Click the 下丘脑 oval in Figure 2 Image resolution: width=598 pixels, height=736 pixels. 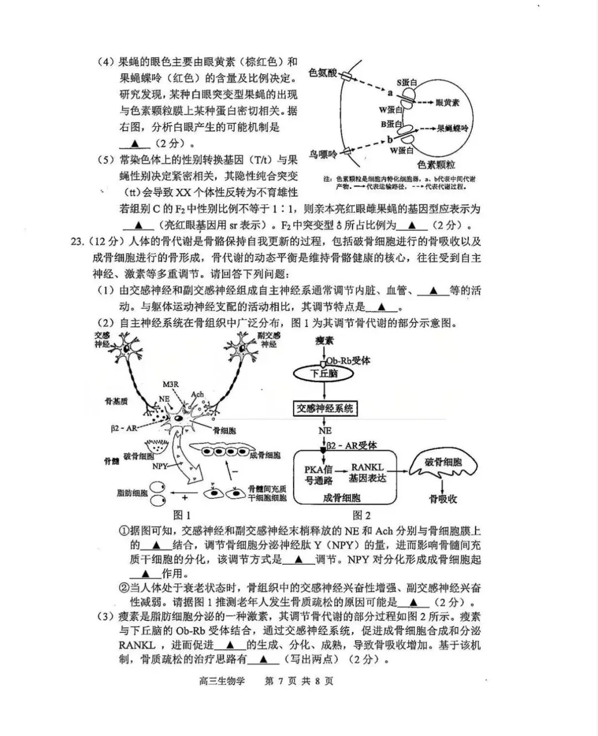tap(324, 374)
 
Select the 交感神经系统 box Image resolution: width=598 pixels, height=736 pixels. tap(324, 409)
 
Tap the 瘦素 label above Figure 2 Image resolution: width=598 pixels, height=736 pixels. tap(324, 341)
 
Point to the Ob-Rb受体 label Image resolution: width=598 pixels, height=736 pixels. tap(348, 361)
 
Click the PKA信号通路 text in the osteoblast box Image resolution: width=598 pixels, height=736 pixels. tap(318, 475)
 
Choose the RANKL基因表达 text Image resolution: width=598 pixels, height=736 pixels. tap(367, 472)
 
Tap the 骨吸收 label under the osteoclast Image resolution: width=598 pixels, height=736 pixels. tap(443, 499)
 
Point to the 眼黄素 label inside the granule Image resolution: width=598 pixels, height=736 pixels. tap(447, 102)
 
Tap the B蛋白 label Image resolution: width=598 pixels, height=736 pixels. tap(391, 124)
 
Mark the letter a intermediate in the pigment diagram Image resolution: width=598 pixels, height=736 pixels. tap(390, 92)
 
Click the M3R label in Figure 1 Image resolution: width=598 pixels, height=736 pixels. tap(171, 384)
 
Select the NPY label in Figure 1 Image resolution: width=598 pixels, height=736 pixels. tap(160, 466)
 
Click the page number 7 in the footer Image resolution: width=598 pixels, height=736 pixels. tap(281, 681)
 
